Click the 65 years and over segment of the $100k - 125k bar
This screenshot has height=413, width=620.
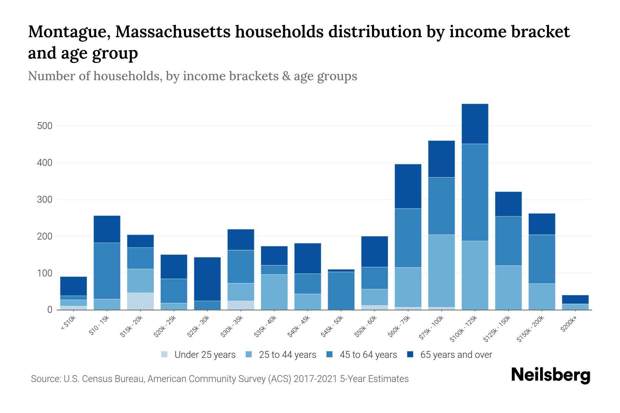coord(475,124)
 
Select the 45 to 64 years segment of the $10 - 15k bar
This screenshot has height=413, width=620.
coord(107,271)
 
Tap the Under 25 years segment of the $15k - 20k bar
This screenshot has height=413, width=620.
coord(140,301)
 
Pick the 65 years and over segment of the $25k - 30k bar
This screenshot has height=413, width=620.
coord(207,279)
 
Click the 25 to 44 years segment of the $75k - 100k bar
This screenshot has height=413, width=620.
coord(441,271)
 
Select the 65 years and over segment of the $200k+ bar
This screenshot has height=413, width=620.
coord(575,299)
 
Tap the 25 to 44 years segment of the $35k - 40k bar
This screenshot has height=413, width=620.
coord(274,292)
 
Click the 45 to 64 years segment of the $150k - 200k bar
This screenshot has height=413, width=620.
coord(541,259)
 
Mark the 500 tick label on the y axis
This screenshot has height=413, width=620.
coord(45,126)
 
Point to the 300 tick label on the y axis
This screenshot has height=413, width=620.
coord(45,200)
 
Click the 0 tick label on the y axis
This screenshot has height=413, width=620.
coord(50,310)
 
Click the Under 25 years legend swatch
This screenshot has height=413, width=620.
coord(165,354)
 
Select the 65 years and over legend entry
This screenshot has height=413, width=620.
coord(456,354)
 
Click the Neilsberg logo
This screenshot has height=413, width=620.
coord(550,375)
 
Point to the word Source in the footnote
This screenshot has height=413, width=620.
coord(45,379)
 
